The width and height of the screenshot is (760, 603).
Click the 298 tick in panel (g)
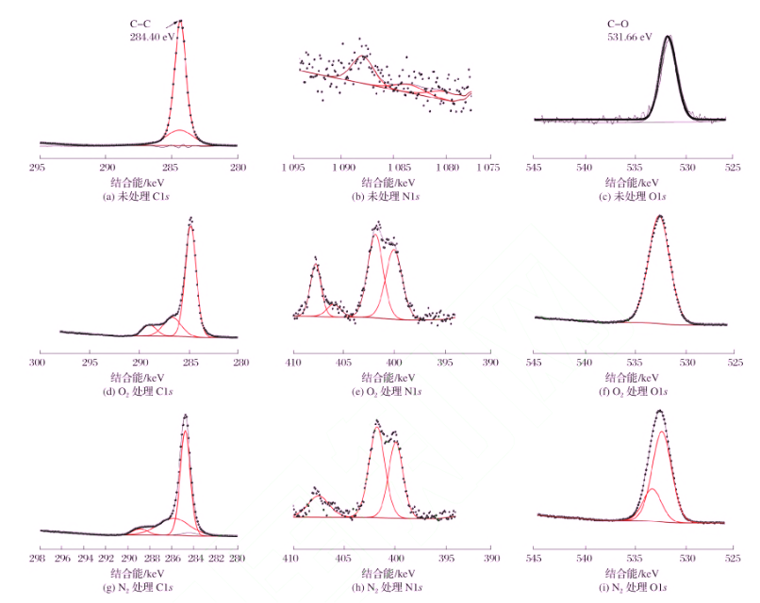click(x=41, y=557)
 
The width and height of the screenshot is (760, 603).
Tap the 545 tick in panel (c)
click(x=534, y=167)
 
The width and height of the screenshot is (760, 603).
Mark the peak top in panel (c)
click(x=669, y=37)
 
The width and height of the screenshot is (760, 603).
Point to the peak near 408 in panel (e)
click(x=316, y=266)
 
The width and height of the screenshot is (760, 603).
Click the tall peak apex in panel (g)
click(x=185, y=415)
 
